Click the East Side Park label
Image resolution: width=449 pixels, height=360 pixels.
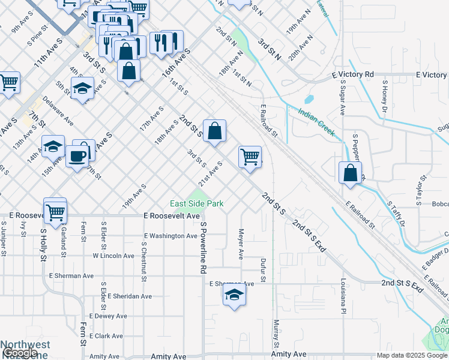[196, 204]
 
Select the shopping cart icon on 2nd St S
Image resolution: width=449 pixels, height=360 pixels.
[250, 157]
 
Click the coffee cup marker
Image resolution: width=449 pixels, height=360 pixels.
[77, 156]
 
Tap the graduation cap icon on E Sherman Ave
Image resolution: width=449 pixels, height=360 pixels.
[234, 295]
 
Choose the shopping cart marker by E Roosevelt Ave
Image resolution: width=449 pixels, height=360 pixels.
[55, 211]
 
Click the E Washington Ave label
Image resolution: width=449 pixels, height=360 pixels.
[171, 236]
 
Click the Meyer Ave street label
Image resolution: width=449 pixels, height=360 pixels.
[241, 244]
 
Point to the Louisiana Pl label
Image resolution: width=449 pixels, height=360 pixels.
[345, 299]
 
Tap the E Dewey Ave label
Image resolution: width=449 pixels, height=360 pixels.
[108, 316]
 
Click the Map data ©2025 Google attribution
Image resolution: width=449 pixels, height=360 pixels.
[412, 355]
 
